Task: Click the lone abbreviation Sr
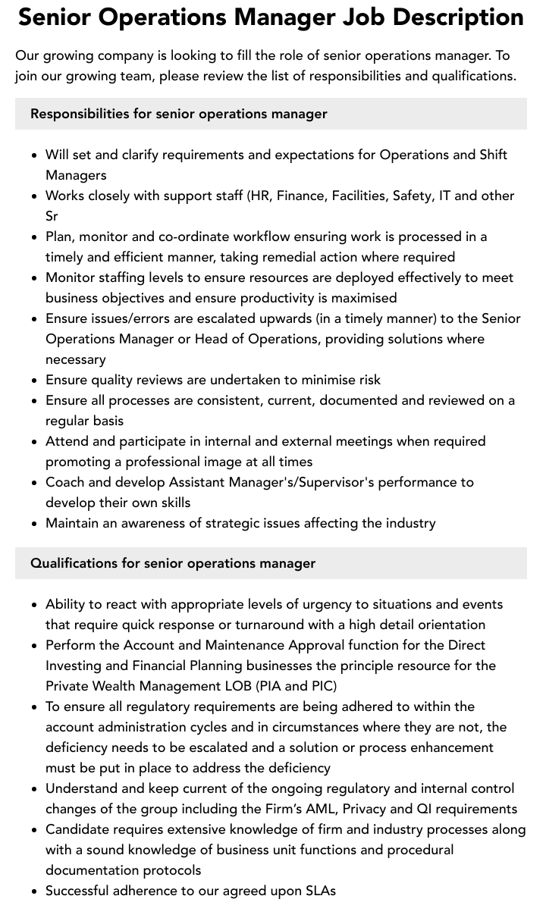tap(52, 216)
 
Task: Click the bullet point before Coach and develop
tap(35, 483)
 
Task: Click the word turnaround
tap(275, 625)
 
